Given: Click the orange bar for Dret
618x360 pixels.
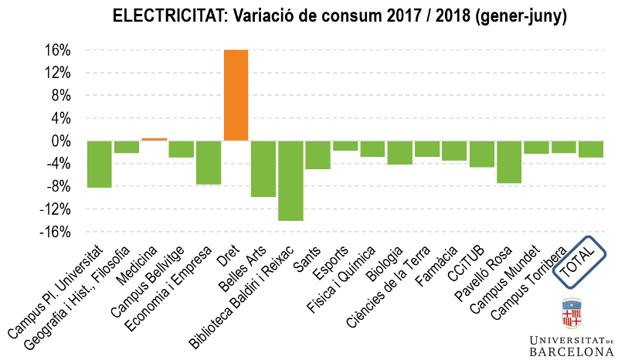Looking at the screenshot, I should [236, 95].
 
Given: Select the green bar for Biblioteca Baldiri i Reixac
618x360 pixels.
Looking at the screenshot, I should [290, 181].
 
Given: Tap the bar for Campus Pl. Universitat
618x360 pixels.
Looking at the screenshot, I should [99, 164].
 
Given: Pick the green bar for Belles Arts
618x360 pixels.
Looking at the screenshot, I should [263, 168].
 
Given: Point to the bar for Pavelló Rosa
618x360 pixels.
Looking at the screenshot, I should [509, 161].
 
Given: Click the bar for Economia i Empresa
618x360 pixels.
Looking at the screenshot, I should [209, 162].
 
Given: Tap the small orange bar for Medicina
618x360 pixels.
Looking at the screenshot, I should [154, 139].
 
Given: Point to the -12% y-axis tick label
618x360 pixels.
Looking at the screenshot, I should [59, 209].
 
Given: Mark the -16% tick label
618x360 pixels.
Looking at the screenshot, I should [59, 233].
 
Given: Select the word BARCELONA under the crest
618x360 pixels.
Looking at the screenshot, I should [572, 352].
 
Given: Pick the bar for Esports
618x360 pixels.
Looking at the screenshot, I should [345, 145].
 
